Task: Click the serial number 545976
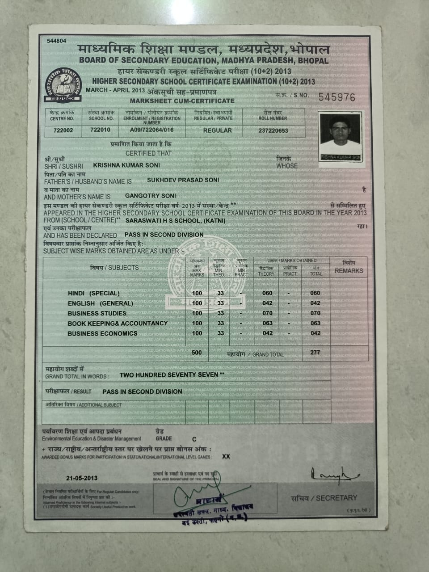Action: click(x=336, y=97)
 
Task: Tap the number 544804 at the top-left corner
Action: click(x=56, y=41)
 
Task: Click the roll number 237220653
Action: click(x=273, y=130)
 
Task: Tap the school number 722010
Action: click(x=100, y=130)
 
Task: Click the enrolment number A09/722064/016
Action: click(x=151, y=130)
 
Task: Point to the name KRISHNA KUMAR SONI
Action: click(x=126, y=165)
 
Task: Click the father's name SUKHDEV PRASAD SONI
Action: click(x=183, y=180)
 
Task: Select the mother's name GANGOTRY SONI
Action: click(x=151, y=196)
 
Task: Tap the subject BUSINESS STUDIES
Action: click(x=97, y=313)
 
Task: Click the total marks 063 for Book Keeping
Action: click(x=315, y=323)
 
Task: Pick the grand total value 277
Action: click(x=315, y=353)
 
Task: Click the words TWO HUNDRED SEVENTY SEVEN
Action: click(x=169, y=374)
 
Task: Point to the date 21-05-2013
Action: click(x=81, y=478)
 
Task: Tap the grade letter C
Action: click(x=194, y=440)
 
